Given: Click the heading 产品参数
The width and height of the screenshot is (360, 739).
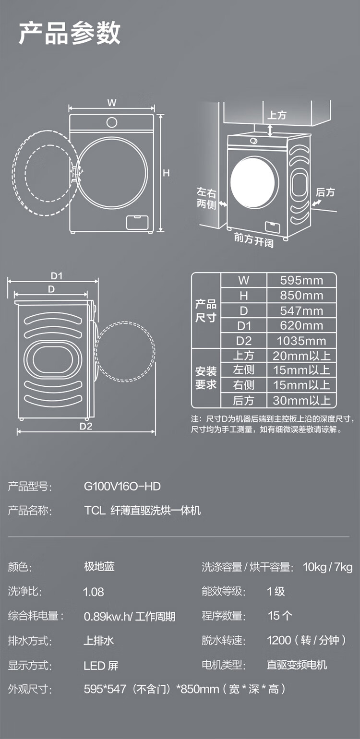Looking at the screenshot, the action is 70,33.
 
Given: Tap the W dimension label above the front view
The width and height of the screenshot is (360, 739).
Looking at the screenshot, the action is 112,103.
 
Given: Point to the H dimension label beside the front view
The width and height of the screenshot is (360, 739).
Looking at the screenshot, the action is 166,173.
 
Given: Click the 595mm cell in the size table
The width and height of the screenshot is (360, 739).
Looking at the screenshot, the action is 301,280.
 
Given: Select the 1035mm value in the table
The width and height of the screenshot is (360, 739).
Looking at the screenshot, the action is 301,341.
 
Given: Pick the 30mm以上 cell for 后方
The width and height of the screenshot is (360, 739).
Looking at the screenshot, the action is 301,400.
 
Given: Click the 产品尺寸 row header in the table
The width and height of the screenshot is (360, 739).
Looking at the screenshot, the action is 205,311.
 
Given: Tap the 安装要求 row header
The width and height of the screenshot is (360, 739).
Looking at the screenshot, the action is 205,378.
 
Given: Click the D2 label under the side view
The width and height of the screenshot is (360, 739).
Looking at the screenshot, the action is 85,426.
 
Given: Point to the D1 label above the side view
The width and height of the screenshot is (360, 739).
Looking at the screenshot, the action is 57,276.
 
